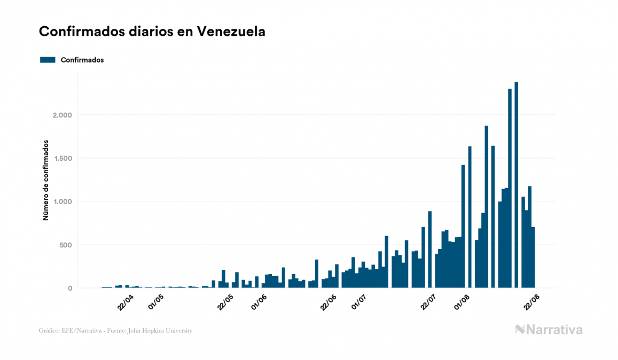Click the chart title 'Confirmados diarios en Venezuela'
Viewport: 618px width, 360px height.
(152, 32)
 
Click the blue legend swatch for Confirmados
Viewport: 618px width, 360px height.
(48, 60)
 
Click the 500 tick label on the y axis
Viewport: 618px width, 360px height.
(65, 245)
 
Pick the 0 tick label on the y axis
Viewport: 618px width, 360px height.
(69, 288)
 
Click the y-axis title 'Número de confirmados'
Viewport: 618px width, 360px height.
(46, 181)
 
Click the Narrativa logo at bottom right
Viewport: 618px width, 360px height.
(549, 330)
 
